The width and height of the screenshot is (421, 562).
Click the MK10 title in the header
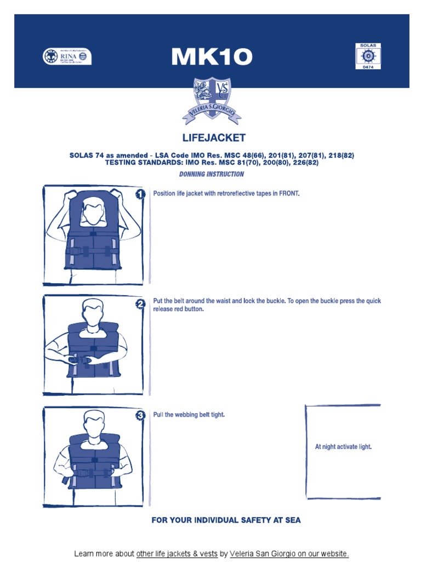[x=211, y=57]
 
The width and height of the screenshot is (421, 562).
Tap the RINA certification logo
[x=67, y=57]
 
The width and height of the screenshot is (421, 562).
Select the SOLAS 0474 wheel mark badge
[x=368, y=56]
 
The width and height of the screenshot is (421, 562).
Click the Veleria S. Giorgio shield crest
[x=212, y=100]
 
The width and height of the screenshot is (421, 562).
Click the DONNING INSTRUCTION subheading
[x=212, y=174]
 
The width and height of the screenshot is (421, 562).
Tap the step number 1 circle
[x=140, y=194]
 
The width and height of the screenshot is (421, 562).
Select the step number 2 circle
[x=140, y=304]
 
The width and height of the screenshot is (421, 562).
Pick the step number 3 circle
[x=140, y=416]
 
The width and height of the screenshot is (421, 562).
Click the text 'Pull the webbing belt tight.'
[x=189, y=414]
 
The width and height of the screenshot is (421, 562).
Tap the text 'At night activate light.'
[x=343, y=447]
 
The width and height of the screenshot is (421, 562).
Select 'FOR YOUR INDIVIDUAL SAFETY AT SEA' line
[x=226, y=520]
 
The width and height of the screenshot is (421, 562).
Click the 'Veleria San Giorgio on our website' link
[x=289, y=554]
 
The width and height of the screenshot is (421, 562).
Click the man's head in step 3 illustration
[x=93, y=422]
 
